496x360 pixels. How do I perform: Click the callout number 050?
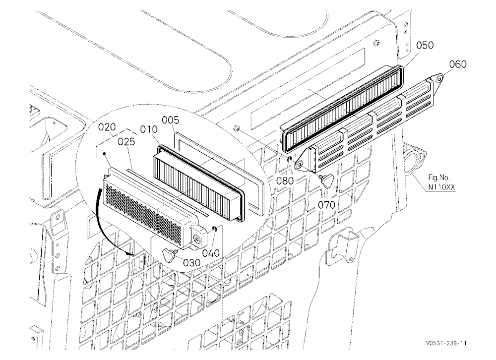coord(425,45)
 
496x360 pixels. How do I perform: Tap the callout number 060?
coord(458,64)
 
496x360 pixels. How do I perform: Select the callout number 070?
coord(326,205)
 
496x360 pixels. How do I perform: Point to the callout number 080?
coord(285,181)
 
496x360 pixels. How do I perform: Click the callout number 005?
coord(170,120)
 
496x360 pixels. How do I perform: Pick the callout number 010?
coord(149,129)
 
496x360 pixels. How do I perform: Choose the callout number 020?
coord(107,127)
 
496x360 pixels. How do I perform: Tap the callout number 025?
coord(126,142)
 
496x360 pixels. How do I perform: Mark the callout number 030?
coord(191,263)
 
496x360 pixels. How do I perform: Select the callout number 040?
coord(211,253)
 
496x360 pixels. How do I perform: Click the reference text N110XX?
coord(441,187)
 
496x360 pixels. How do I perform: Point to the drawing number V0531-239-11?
coord(446,343)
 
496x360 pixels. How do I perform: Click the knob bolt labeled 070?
coord(326,181)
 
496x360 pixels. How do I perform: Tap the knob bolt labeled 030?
coord(169,253)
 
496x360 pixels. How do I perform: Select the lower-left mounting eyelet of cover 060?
coord(298,164)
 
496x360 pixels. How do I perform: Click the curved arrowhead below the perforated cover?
coord(129,253)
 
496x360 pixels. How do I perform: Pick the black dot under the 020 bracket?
coord(104,153)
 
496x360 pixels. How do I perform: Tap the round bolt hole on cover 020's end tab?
coord(198,240)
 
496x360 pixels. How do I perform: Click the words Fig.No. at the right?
coord(439,177)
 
